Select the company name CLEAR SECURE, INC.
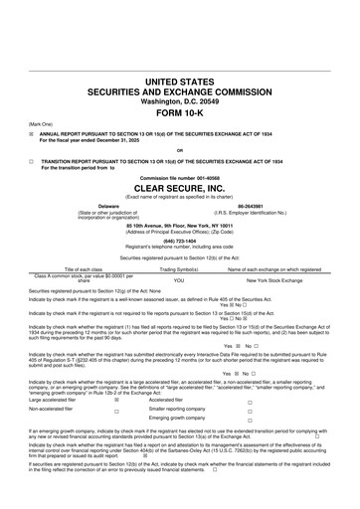pyautogui.click(x=179, y=186)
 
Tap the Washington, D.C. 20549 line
pyautogui.click(x=179, y=99)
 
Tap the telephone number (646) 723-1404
pyautogui.click(x=179, y=240)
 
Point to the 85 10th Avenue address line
pyautogui.click(x=179, y=224)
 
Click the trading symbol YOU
pyautogui.click(x=179, y=280)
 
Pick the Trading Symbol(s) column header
pyautogui.click(x=179, y=268)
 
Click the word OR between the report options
pyautogui.click(x=179, y=150)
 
